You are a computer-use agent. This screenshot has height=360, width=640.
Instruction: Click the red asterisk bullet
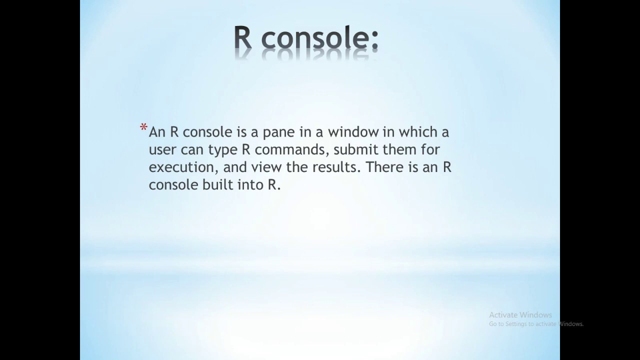143,129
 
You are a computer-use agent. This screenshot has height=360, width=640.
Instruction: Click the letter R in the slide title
243,38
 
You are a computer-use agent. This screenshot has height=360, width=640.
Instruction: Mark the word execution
182,167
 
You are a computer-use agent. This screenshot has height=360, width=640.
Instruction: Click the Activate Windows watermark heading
520,315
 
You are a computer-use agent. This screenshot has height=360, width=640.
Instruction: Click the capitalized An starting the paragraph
157,132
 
